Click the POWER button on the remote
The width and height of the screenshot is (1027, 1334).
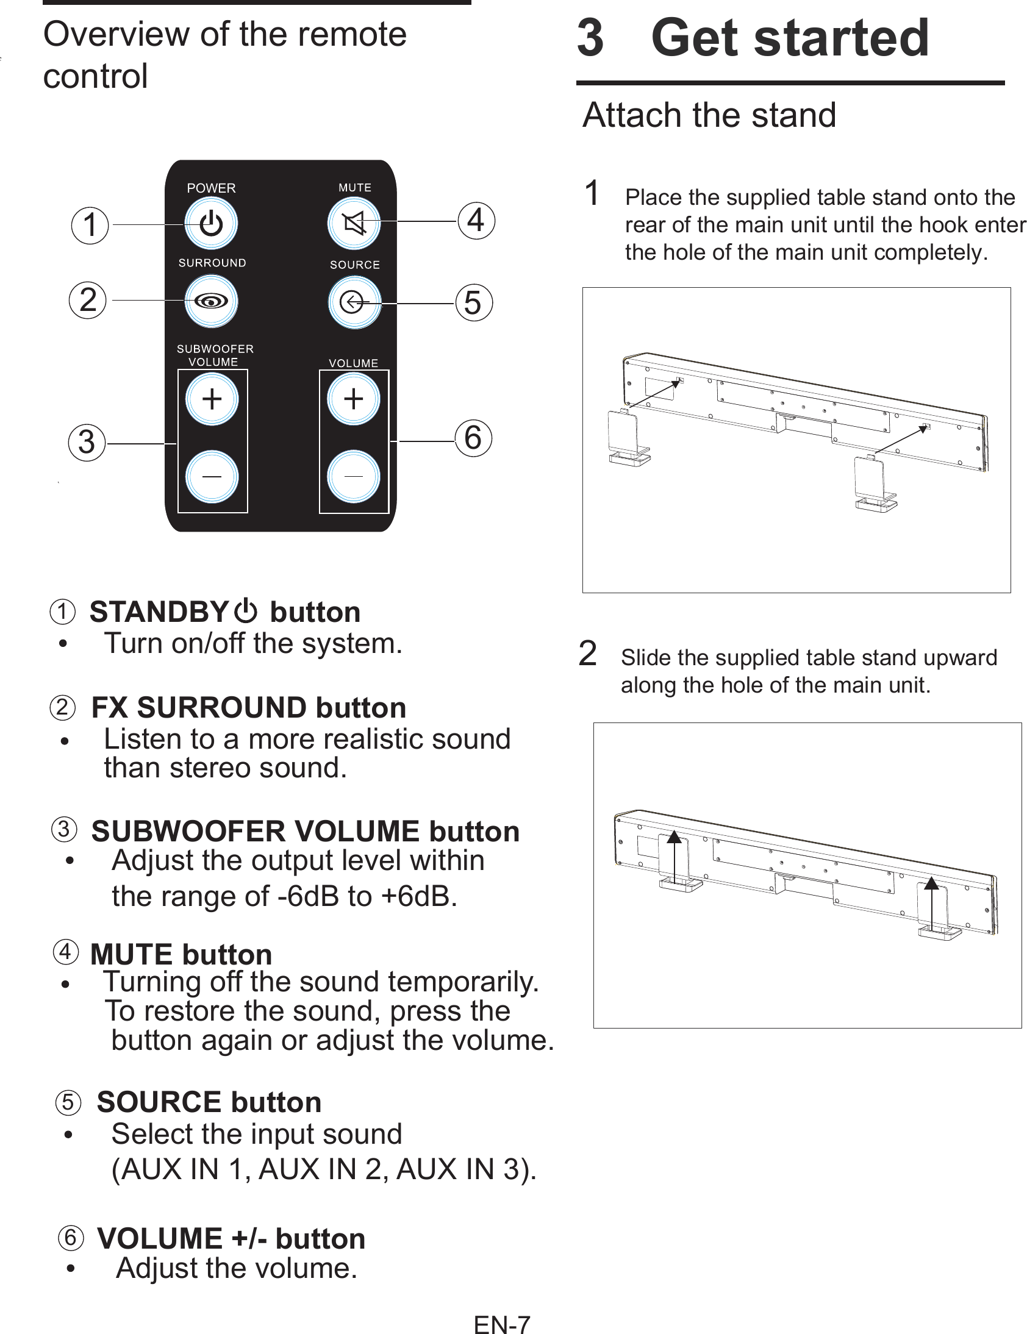pyautogui.click(x=211, y=224)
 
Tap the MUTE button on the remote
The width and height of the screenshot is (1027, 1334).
pyautogui.click(x=354, y=224)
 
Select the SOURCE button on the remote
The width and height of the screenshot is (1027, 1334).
pyautogui.click(x=354, y=302)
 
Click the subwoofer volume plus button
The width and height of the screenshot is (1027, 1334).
pyautogui.click(x=212, y=399)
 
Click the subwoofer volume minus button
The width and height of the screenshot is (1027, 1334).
pyautogui.click(x=212, y=476)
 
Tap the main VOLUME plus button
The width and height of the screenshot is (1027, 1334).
pyautogui.click(x=353, y=399)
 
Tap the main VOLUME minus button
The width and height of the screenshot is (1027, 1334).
pyautogui.click(x=353, y=476)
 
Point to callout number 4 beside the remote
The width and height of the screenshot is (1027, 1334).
pyautogui.click(x=476, y=221)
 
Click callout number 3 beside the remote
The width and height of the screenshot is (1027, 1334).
pyautogui.click(x=87, y=442)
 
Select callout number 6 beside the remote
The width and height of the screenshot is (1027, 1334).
pyautogui.click(x=473, y=438)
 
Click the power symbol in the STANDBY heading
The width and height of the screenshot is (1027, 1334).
pyautogui.click(x=246, y=611)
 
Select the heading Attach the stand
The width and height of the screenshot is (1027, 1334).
pyautogui.click(x=709, y=115)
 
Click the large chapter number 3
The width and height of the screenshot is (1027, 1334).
pyautogui.click(x=590, y=38)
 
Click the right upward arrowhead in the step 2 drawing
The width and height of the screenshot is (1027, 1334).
pyautogui.click(x=931, y=883)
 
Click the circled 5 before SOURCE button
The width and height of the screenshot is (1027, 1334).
pyautogui.click(x=68, y=1102)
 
